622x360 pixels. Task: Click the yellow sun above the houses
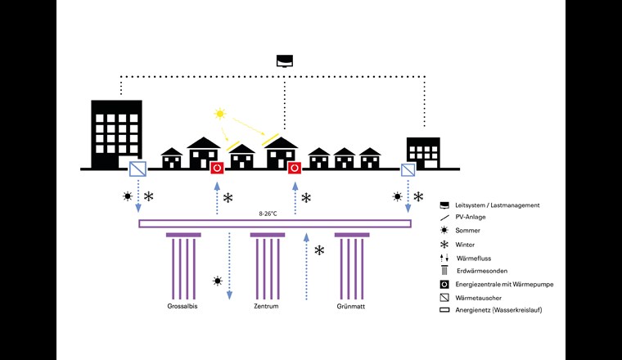tap(219, 114)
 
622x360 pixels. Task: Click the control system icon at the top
tap(284, 60)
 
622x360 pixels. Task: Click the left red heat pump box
tap(218, 169)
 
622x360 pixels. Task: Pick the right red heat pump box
tap(295, 169)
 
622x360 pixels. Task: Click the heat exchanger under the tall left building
tap(138, 169)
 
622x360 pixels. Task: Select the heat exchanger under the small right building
tap(408, 169)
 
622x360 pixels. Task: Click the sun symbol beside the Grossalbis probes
tap(217, 281)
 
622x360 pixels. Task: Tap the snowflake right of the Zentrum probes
tap(319, 250)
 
